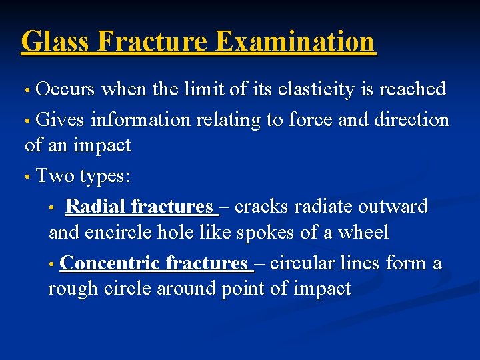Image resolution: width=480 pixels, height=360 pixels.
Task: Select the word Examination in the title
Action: pos(296,41)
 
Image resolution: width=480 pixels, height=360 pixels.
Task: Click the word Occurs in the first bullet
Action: pos(65,89)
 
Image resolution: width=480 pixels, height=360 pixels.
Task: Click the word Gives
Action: pos(60,120)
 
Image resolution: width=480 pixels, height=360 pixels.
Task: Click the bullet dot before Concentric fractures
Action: pos(53,265)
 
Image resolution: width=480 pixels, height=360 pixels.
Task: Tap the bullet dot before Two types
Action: pos(27,177)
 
